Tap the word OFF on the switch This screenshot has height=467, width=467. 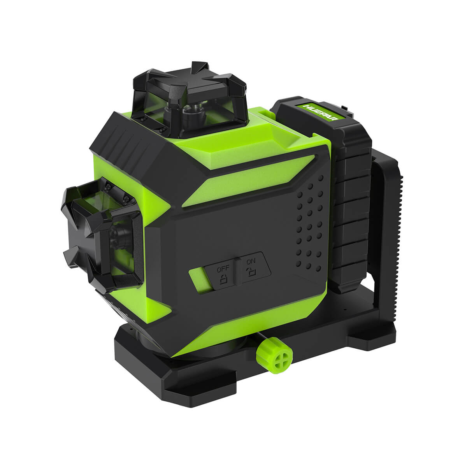pos(223,269)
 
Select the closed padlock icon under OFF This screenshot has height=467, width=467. pos(224,279)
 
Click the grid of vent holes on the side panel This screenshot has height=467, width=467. pos(309,226)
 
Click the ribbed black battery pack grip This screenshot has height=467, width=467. pos(352,218)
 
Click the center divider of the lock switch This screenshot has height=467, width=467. pos(237,270)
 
